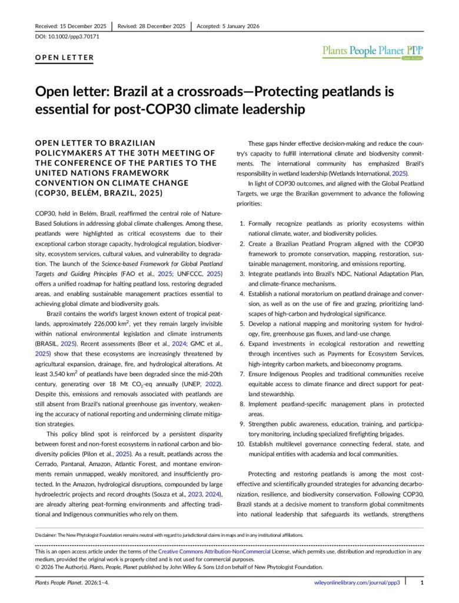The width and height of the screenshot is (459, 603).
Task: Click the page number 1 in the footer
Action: pyautogui.click(x=422, y=582)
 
